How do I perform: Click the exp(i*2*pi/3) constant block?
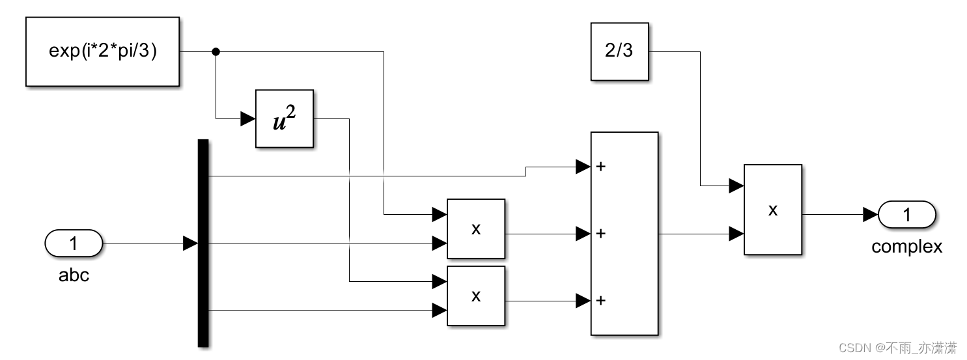click(102, 51)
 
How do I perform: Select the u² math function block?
click(285, 118)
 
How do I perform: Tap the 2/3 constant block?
click(619, 51)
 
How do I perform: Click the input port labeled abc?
click(74, 243)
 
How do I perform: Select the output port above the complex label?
click(906, 215)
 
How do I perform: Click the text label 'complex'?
click(906, 247)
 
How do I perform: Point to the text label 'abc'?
click(74, 275)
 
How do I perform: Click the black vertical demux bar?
click(203, 243)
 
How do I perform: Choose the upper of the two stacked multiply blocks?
click(475, 228)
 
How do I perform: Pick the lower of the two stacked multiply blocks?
click(475, 295)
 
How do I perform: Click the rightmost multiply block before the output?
click(772, 209)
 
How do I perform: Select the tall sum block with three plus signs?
click(624, 233)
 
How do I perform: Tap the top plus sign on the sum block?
click(600, 167)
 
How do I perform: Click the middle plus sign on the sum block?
click(600, 233)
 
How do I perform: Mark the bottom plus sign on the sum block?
click(600, 300)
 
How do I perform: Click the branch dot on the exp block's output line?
click(216, 51)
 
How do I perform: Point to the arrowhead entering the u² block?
click(248, 118)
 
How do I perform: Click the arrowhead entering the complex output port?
click(870, 215)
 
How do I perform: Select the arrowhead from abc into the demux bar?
click(190, 243)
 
